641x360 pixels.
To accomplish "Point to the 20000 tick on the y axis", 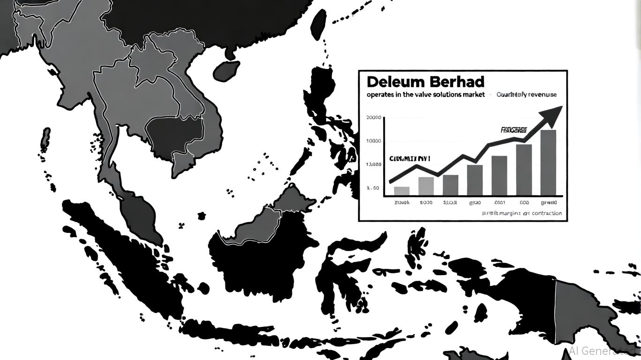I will [373, 118].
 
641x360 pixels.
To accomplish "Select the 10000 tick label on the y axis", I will [373, 141].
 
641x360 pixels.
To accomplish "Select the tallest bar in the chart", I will [548, 162].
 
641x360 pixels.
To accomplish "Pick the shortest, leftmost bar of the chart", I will [402, 190].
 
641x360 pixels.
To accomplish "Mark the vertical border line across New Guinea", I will [555, 309].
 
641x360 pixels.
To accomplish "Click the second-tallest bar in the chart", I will [523, 169].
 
